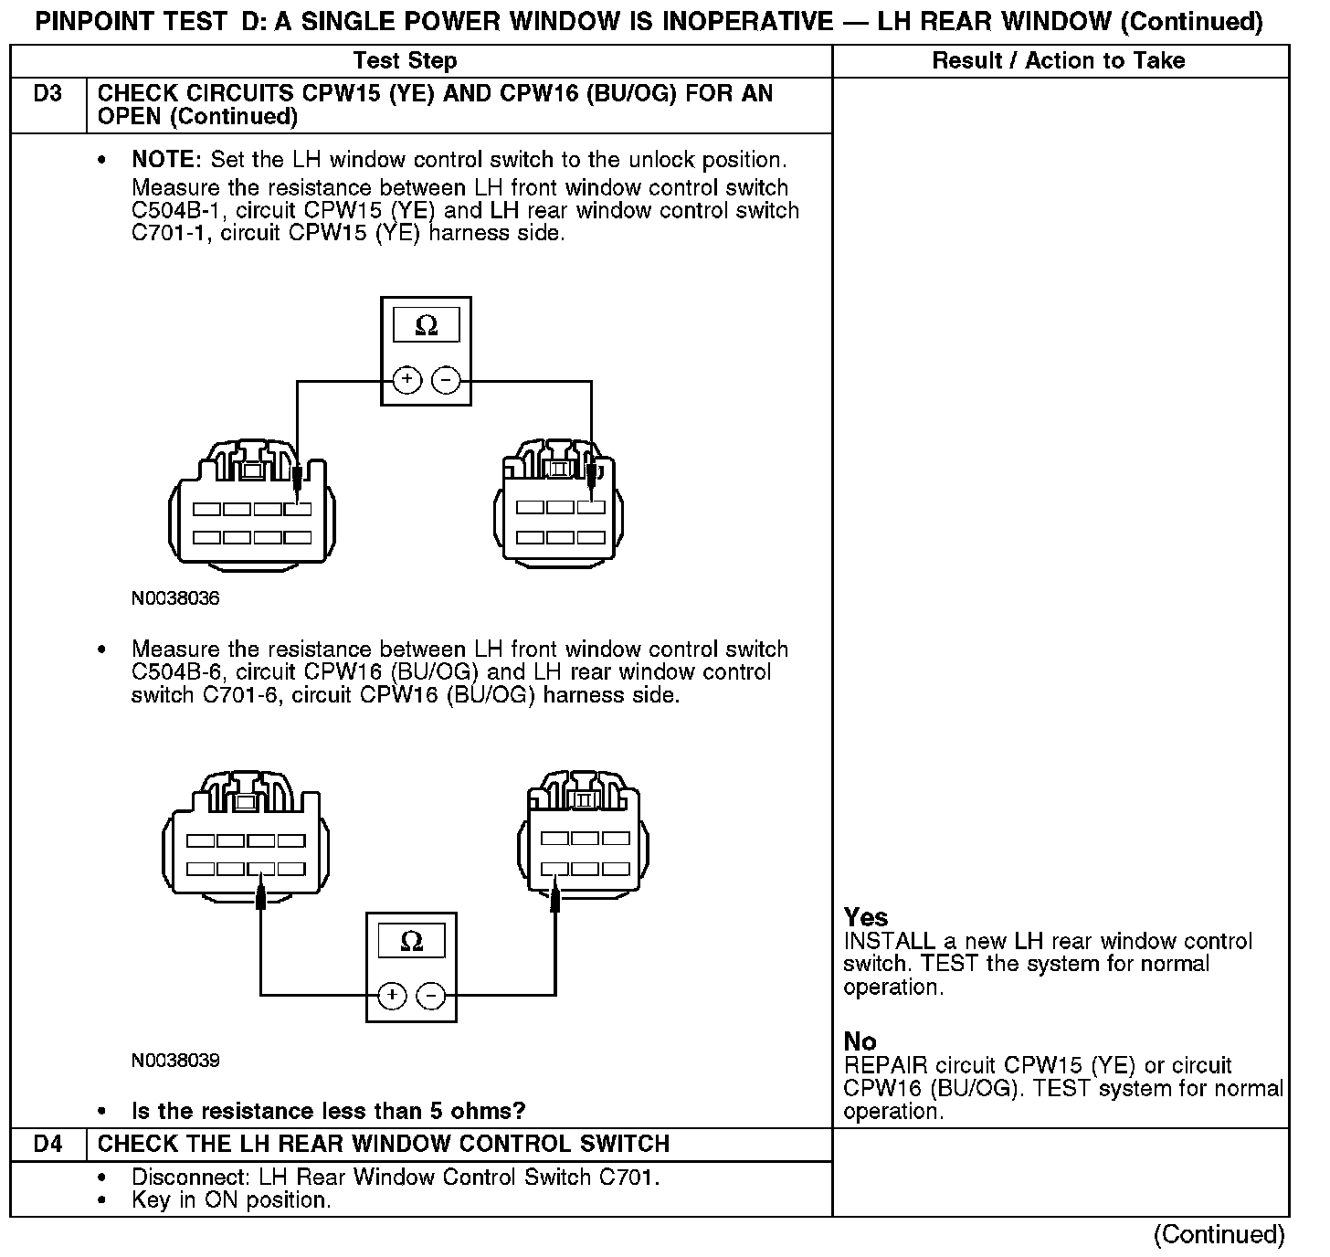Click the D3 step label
47,94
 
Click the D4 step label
47,1144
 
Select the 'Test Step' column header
405,61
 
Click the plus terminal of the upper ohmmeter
406,379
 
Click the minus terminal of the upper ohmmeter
446,379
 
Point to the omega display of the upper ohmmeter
426,326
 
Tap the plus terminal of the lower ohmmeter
392,995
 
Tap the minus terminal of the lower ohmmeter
431,995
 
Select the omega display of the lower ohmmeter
411,942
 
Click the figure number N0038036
175,599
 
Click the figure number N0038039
175,1061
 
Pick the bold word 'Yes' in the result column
865,917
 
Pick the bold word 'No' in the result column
860,1041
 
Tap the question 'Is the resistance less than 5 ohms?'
329,1111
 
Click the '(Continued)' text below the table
1219,1235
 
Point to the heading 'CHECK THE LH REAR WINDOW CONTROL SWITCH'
384,1144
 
